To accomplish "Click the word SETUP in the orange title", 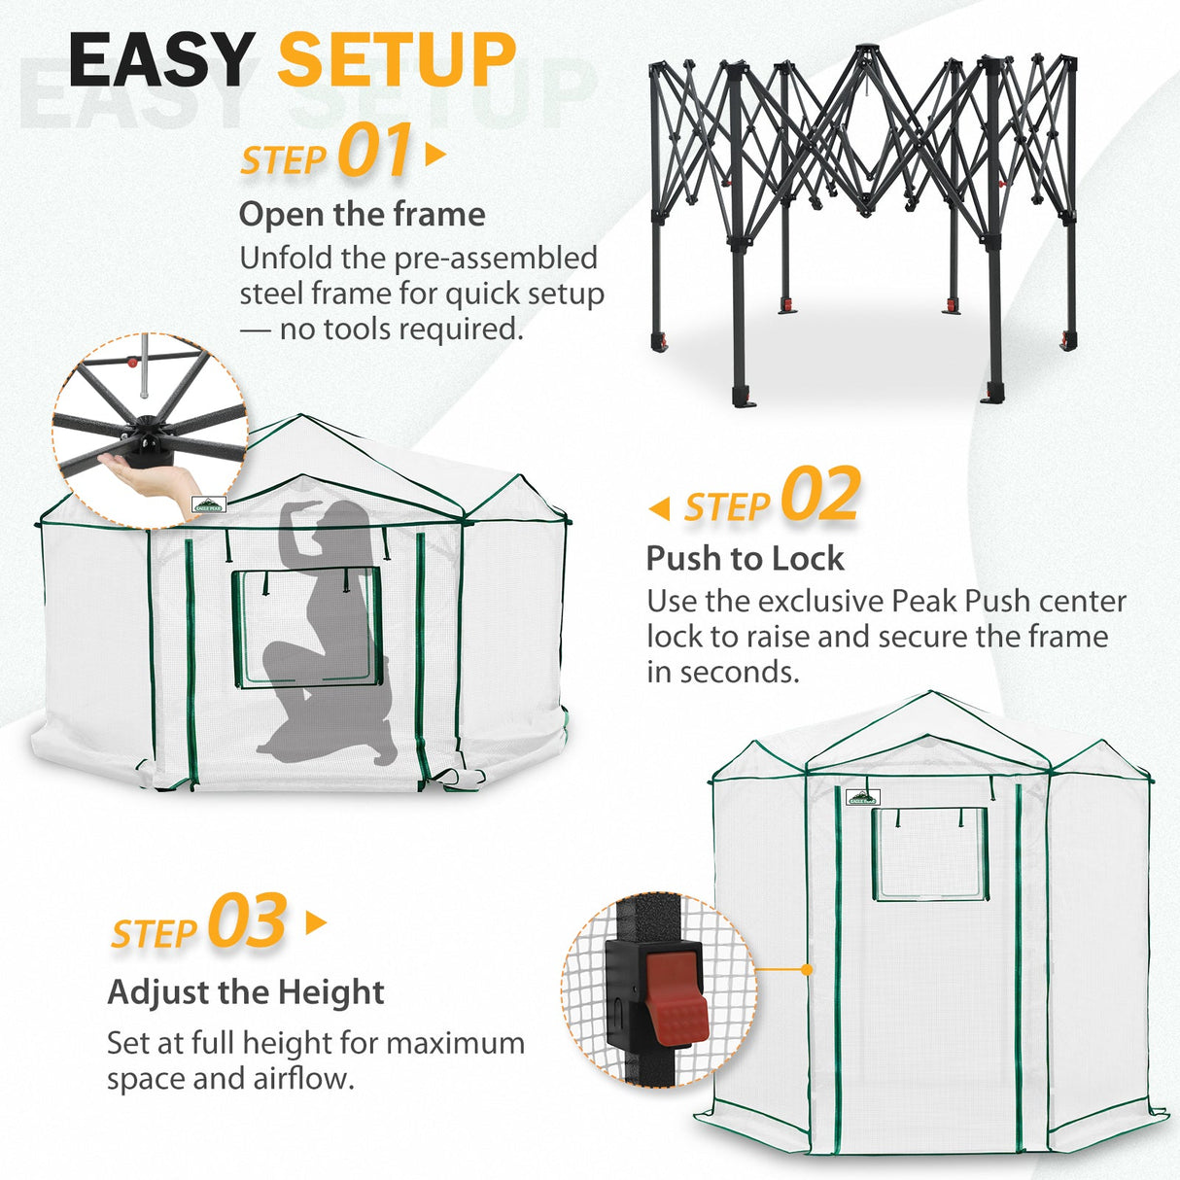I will click(397, 60).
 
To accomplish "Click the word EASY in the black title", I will click(162, 60).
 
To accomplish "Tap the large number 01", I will click(375, 152).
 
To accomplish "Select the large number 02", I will click(820, 496).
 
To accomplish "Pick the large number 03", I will click(247, 922).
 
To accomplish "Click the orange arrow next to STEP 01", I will click(435, 155).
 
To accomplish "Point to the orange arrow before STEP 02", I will click(660, 508).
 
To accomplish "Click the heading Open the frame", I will click(362, 215).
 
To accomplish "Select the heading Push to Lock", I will click(745, 559).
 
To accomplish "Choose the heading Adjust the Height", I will click(246, 992).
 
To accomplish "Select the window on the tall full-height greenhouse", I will click(929, 853).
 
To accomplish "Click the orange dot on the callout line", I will click(807, 969).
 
